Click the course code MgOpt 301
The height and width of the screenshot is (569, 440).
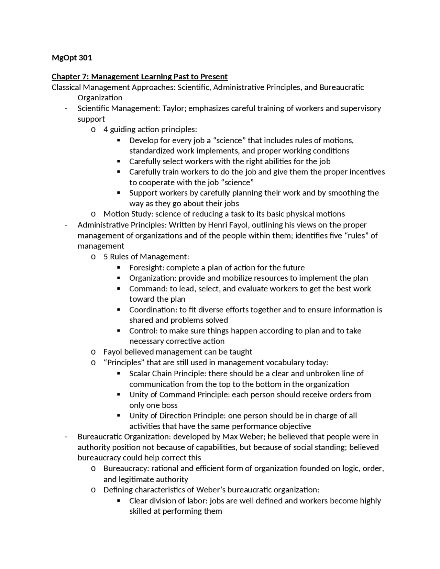(72, 58)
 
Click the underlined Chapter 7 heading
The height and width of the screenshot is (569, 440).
(140, 77)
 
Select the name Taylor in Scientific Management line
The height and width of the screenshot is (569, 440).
(174, 109)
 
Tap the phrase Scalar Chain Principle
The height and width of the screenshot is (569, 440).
(167, 373)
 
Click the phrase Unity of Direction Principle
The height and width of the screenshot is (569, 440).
(177, 416)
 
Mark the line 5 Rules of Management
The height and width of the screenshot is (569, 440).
(146, 257)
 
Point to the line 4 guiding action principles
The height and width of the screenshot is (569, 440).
(150, 130)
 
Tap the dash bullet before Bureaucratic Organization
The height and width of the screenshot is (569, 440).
(66, 437)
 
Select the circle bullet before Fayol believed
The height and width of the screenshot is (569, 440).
(93, 352)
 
